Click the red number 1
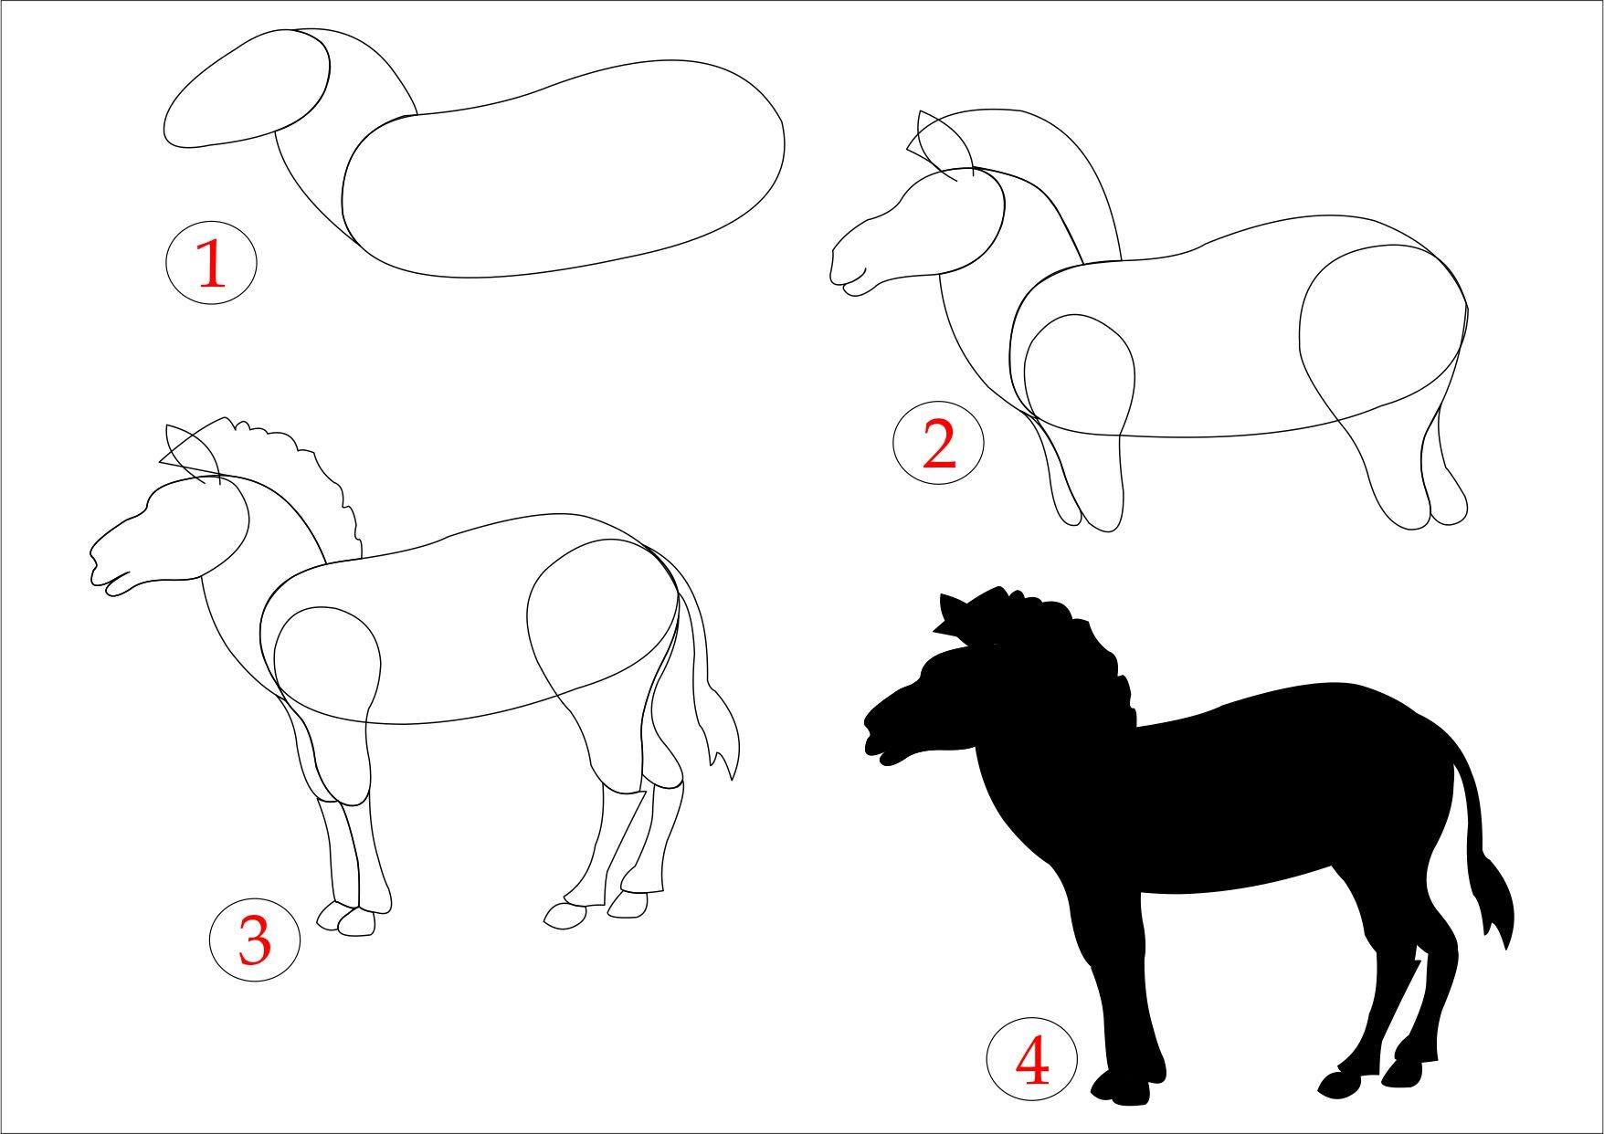click(211, 263)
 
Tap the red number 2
click(939, 444)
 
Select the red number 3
click(255, 940)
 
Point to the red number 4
click(1032, 1062)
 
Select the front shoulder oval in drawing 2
click(1079, 373)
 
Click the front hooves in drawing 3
click(346, 919)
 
